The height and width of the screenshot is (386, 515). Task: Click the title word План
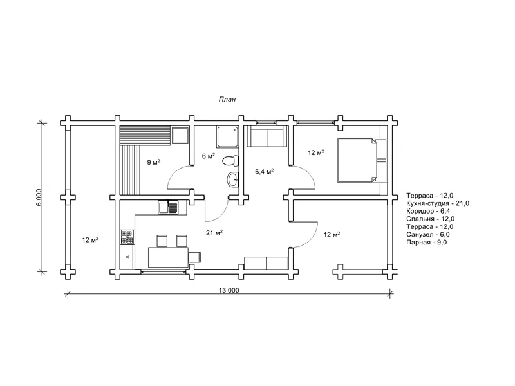[x=227, y=99]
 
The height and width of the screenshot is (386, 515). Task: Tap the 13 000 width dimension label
[x=229, y=290]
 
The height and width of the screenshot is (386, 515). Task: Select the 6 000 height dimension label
[x=39, y=198]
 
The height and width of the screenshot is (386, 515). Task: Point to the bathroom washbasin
[x=233, y=179]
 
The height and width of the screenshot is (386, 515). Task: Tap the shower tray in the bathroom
[x=227, y=137]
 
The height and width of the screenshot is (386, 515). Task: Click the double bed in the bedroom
[x=362, y=160]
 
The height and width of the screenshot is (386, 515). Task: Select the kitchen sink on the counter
[x=168, y=207]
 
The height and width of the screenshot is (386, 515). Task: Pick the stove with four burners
[x=127, y=237]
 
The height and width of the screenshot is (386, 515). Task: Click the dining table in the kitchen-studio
[x=168, y=258]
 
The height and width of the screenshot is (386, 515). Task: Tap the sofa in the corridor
[x=267, y=136]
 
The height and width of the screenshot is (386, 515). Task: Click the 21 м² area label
[x=214, y=233]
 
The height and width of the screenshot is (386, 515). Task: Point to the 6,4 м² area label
[x=265, y=171]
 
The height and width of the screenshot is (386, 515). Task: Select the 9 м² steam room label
[x=153, y=162]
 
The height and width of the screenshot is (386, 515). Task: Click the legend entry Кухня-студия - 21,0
[x=438, y=203]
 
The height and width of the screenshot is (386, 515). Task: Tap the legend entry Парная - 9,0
[x=427, y=243]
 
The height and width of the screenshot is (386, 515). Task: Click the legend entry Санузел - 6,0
[x=428, y=235]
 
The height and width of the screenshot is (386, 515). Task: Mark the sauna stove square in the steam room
[x=180, y=135]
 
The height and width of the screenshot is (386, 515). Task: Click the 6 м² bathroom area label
[x=209, y=156]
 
